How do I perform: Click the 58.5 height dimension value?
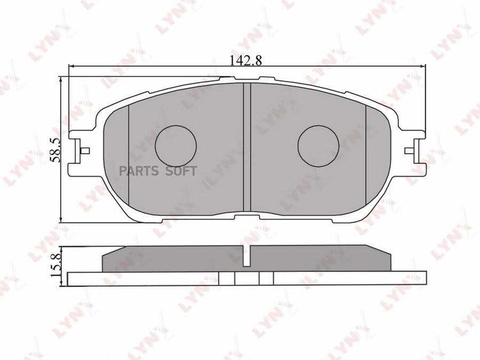click(x=53, y=149)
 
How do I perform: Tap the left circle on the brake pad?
click(x=175, y=145)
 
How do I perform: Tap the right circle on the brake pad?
click(x=318, y=145)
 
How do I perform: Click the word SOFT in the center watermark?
click(x=182, y=171)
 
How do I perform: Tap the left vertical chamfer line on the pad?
click(x=130, y=160)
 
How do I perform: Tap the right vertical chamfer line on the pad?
click(x=365, y=160)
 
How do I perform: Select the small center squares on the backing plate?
click(x=246, y=278)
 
